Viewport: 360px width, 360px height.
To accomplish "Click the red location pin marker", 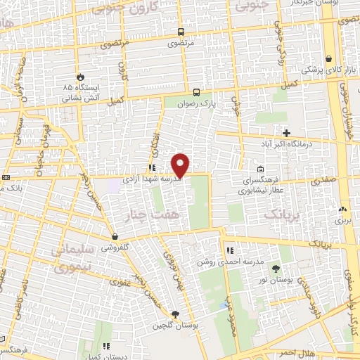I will coord(181,165).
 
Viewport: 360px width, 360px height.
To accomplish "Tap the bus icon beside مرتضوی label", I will coord(181,32).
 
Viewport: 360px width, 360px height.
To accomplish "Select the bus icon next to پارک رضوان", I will coord(197,92).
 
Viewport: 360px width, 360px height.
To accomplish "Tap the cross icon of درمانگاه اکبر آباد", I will coord(286,133).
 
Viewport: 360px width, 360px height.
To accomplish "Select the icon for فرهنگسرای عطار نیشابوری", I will coord(260,169).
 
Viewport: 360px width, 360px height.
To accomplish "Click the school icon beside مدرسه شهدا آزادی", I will coord(152,167).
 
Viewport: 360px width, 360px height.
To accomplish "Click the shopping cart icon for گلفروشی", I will coord(114,237).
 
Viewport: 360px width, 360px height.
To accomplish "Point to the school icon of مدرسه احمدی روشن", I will coord(229,250).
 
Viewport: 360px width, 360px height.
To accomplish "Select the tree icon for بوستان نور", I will coord(275,269).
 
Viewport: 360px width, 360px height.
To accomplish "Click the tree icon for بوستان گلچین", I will coord(174,314).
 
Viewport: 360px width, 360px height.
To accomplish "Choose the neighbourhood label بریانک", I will coord(281,213).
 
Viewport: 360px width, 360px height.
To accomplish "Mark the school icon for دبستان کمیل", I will coord(106,346).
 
